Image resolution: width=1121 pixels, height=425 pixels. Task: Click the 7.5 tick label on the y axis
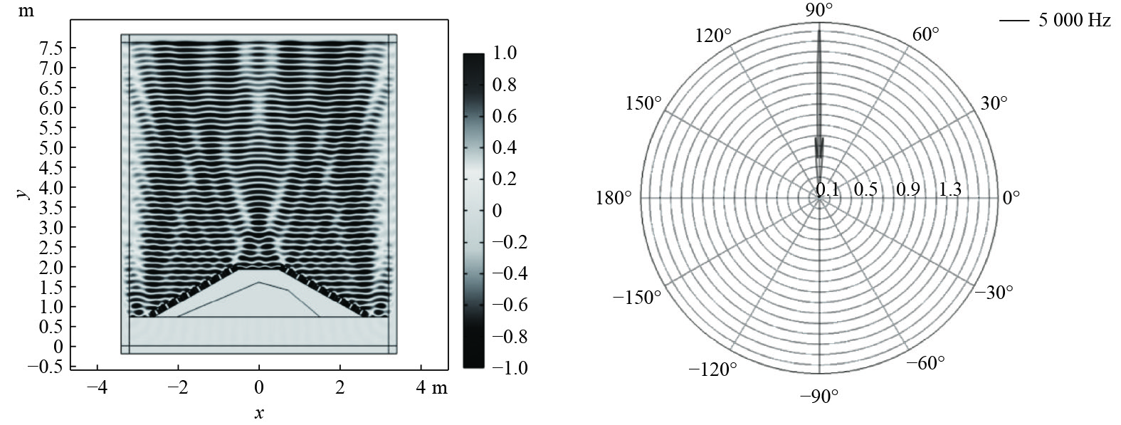pyautogui.click(x=52, y=48)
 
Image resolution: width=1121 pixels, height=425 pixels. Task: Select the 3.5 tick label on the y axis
pyautogui.click(x=52, y=207)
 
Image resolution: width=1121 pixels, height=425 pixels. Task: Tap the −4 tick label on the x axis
pyautogui.click(x=97, y=387)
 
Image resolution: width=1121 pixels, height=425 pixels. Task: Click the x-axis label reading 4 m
pyautogui.click(x=431, y=387)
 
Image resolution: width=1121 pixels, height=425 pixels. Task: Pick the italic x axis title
pyautogui.click(x=259, y=413)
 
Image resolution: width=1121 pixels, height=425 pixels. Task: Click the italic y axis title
pyautogui.click(x=22, y=194)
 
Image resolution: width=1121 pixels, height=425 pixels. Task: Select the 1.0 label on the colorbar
pyautogui.click(x=505, y=53)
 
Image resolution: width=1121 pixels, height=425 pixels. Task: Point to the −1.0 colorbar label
pyautogui.click(x=510, y=368)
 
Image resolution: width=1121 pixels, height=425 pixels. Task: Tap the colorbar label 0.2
pyautogui.click(x=505, y=179)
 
